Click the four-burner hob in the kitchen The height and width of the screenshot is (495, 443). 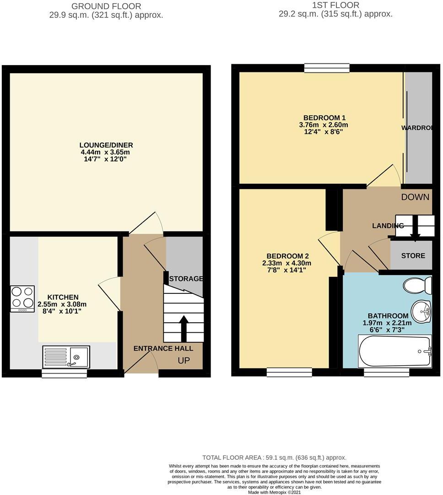pyautogui.click(x=22, y=298)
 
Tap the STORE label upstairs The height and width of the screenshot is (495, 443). pyautogui.click(x=413, y=255)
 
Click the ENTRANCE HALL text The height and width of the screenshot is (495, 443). pyautogui.click(x=163, y=348)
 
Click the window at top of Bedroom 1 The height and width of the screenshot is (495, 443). pyautogui.click(x=327, y=68)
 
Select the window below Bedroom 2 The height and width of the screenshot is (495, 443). pyautogui.click(x=289, y=372)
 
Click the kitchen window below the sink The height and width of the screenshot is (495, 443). pyautogui.click(x=64, y=374)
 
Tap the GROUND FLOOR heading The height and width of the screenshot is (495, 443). pyautogui.click(x=107, y=6)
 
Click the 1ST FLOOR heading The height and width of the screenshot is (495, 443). pyautogui.click(x=335, y=5)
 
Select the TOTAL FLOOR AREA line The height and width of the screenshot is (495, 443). pyautogui.click(x=274, y=457)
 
